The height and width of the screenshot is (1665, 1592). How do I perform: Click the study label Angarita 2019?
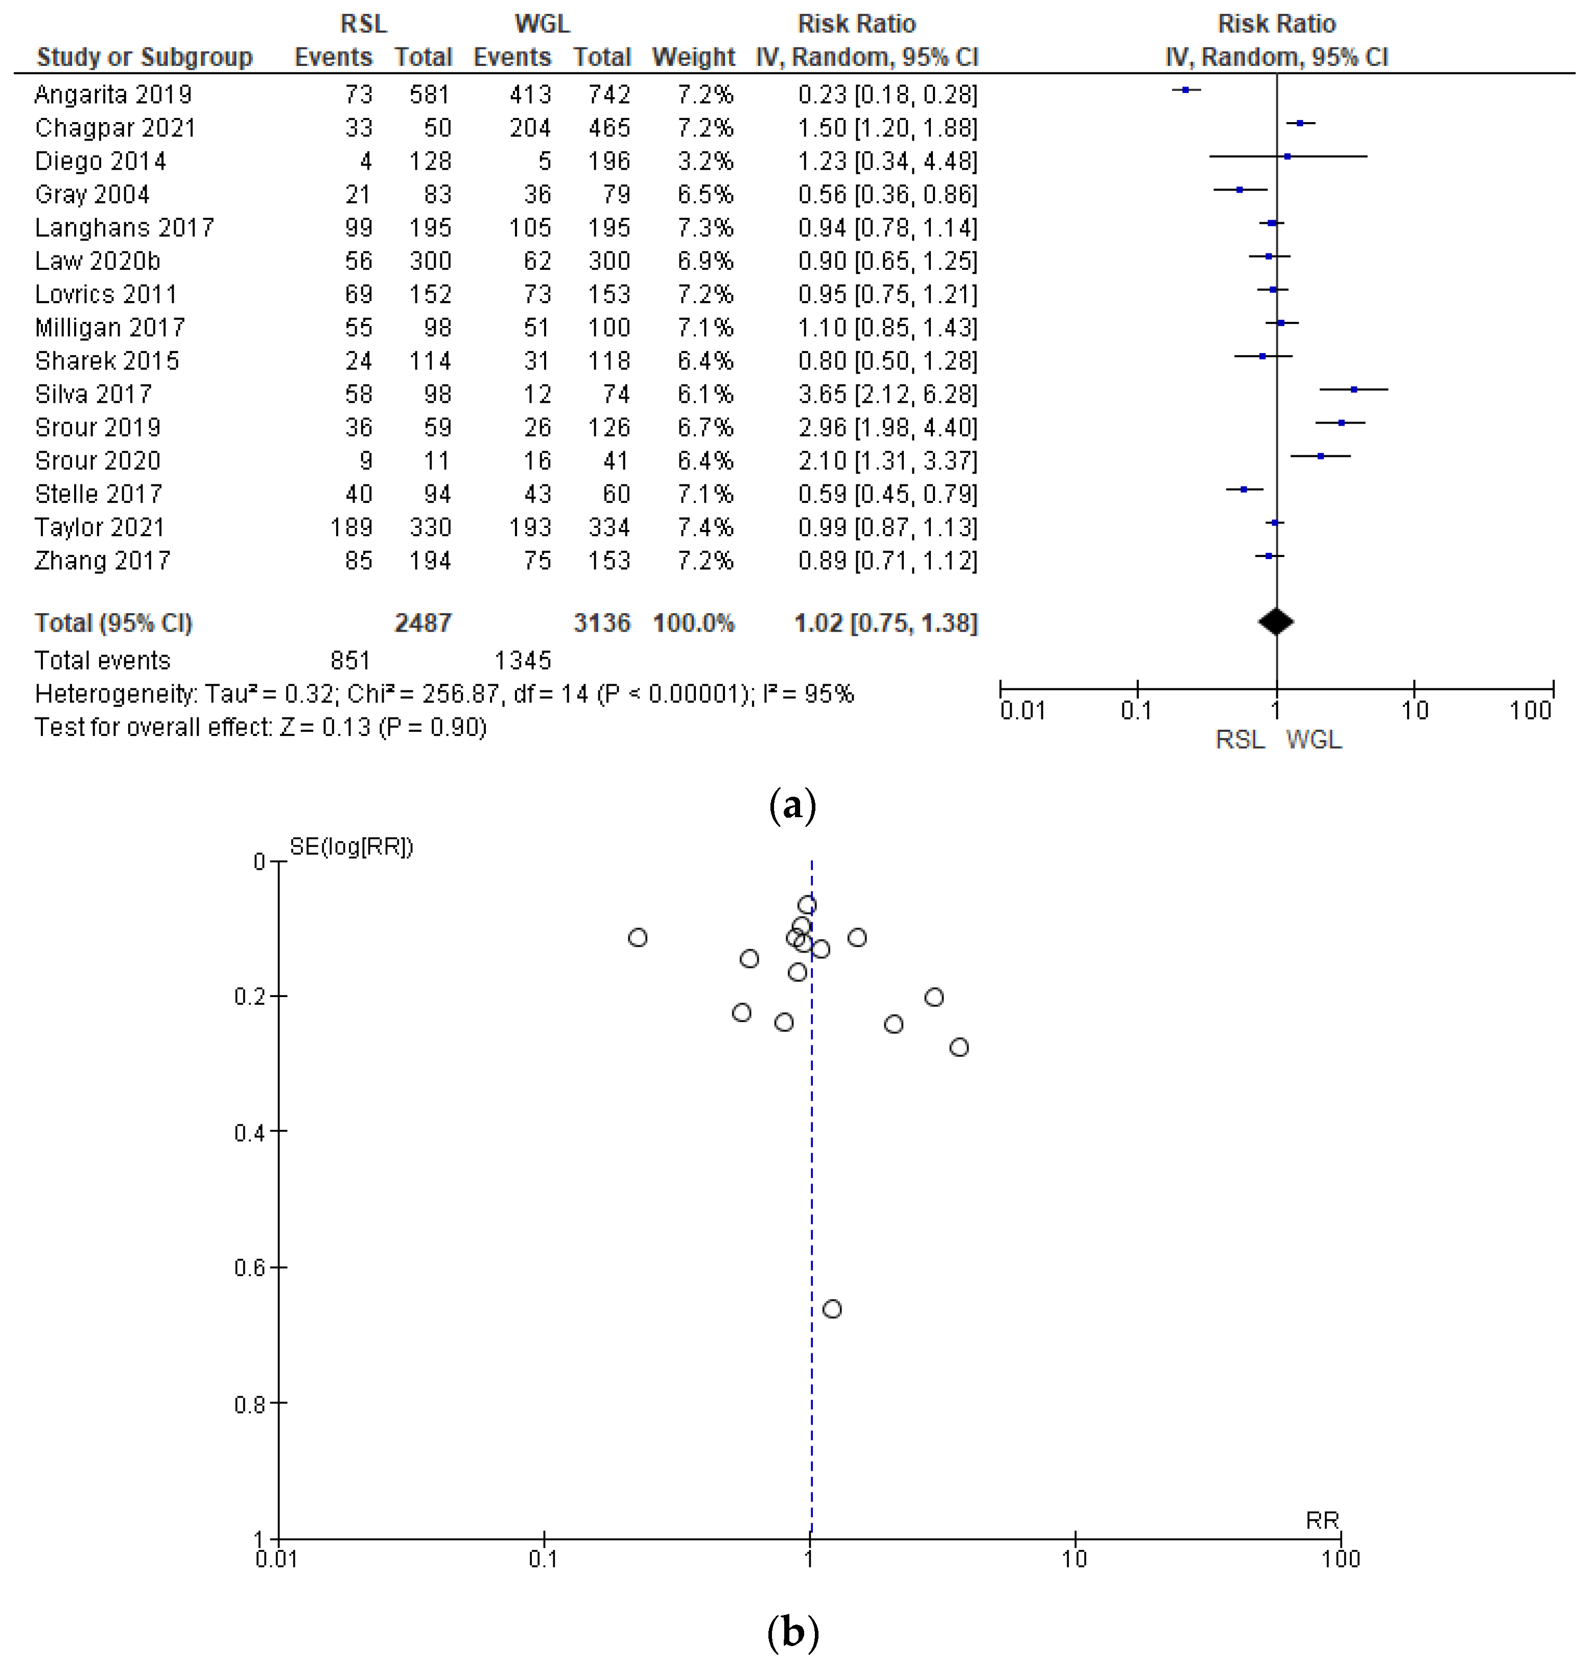click(113, 94)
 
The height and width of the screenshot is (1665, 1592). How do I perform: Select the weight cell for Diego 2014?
click(705, 161)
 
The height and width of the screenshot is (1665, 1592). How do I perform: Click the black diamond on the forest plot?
click(1275, 622)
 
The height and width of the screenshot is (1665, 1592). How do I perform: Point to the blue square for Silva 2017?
click(1353, 389)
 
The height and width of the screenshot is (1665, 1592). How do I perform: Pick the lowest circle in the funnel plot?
click(832, 1309)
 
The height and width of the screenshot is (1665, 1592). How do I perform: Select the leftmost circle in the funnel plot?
click(637, 937)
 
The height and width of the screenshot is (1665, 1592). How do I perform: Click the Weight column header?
click(692, 57)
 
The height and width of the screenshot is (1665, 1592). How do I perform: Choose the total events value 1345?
click(522, 660)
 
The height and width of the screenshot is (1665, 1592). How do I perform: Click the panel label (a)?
click(792, 804)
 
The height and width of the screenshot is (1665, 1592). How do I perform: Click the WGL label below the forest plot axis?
click(1314, 740)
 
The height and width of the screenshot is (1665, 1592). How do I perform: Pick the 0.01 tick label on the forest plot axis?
click(1022, 710)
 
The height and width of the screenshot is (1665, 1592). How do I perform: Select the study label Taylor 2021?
click(99, 527)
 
